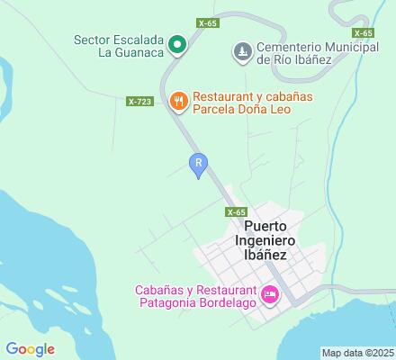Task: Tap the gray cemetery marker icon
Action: [242, 52]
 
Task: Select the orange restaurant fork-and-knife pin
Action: [179, 100]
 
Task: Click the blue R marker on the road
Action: [199, 163]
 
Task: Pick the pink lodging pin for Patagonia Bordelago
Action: [268, 294]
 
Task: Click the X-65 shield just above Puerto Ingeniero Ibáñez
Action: [235, 211]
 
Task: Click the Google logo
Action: [30, 349]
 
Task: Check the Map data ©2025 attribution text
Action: [357, 353]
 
